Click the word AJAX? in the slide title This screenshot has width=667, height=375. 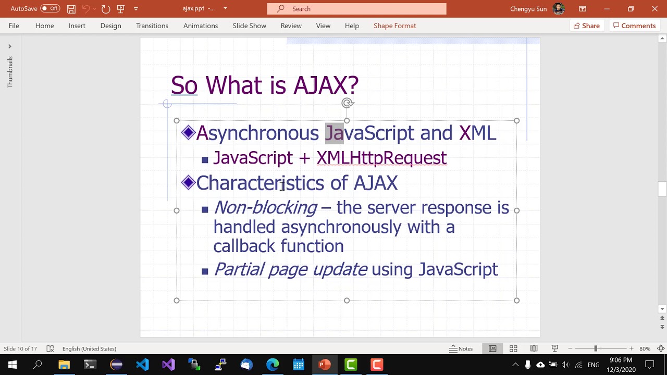[326, 85]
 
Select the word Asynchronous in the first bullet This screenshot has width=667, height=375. [257, 133]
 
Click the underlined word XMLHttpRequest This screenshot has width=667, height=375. [381, 158]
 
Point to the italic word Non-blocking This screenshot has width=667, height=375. [265, 208]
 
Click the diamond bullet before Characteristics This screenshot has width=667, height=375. [188, 182]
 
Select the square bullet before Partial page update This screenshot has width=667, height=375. [205, 271]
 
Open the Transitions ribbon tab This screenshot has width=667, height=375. [152, 26]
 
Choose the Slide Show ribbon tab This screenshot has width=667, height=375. [249, 26]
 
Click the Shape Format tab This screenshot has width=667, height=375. [394, 26]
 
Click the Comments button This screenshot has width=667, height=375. [634, 26]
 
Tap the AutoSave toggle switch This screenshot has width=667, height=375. [50, 8]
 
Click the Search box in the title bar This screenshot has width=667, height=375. [356, 9]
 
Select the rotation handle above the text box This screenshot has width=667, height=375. [347, 103]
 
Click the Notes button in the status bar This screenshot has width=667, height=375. [461, 348]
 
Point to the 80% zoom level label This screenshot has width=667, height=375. [645, 348]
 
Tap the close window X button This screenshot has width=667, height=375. [654, 9]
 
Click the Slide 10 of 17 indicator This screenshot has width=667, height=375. [20, 348]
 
